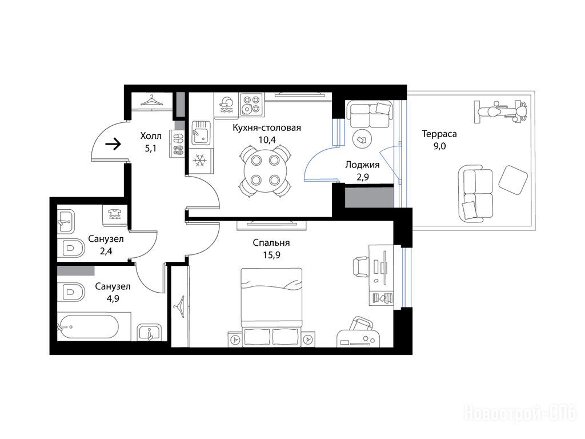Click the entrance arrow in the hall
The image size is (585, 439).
pyautogui.click(x=114, y=143)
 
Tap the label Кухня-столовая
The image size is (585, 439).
pyautogui.click(x=267, y=127)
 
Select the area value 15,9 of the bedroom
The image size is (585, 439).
pyautogui.click(x=271, y=255)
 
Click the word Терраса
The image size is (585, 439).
pyautogui.click(x=439, y=134)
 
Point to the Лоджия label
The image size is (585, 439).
pyautogui.click(x=362, y=165)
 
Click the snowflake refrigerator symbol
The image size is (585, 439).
pyautogui.click(x=200, y=161)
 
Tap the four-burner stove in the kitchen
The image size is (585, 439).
pyautogui.click(x=251, y=104)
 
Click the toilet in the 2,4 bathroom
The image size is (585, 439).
pyautogui.click(x=72, y=248)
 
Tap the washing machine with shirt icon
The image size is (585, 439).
pyautogui.click(x=114, y=215)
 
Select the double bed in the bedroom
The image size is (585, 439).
pyautogui.click(x=271, y=307)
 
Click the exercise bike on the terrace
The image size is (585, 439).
pyautogui.click(x=500, y=111)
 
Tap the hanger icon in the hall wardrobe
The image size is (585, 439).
pyautogui.click(x=151, y=100)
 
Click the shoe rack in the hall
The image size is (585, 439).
pyautogui.click(x=178, y=143)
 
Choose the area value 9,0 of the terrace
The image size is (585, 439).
pyautogui.click(x=439, y=146)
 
